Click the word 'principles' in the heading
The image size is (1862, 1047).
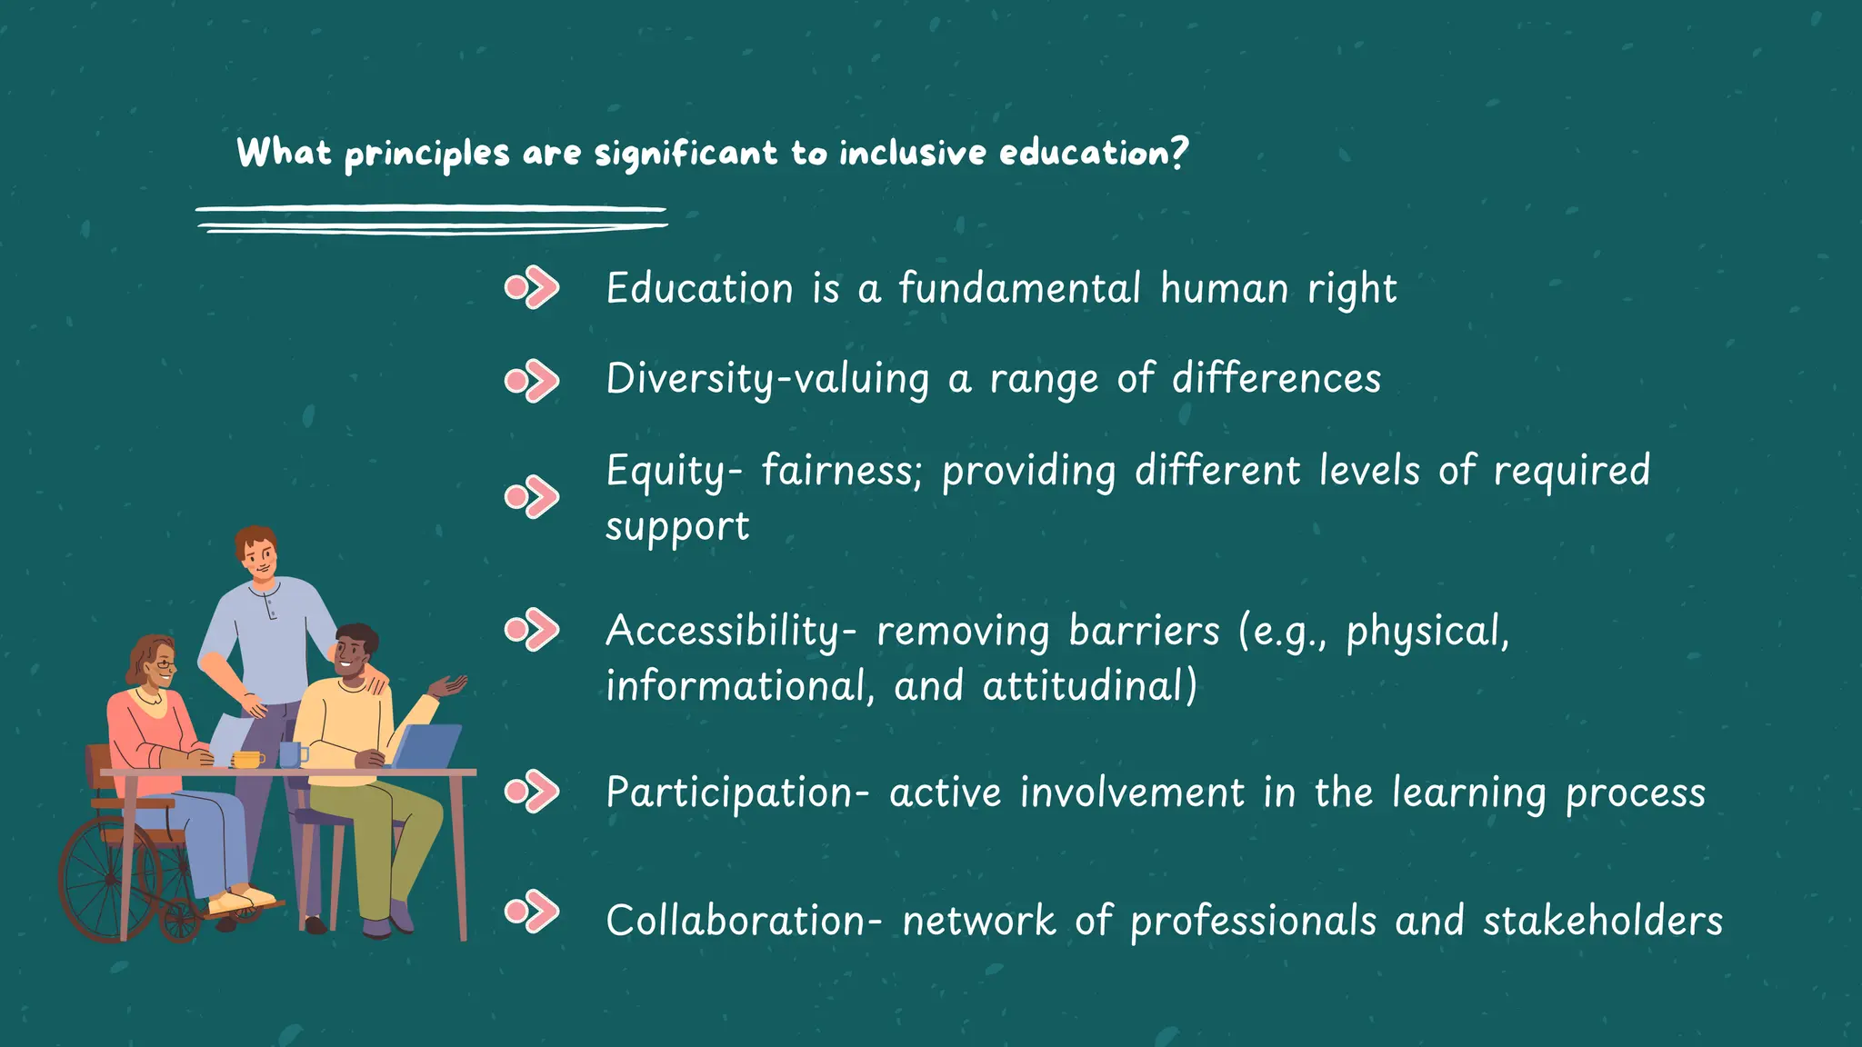426,154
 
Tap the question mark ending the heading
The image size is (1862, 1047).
1179,152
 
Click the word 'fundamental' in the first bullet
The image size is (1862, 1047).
1019,288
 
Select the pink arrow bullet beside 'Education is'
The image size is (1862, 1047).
532,288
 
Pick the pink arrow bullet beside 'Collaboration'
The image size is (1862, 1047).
532,912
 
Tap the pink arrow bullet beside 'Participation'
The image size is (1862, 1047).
532,791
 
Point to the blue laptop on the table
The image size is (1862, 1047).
427,746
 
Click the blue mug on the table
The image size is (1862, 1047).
291,754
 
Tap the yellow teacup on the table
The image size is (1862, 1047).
247,759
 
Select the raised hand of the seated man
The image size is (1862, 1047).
449,685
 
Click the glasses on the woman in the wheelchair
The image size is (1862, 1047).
165,666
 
